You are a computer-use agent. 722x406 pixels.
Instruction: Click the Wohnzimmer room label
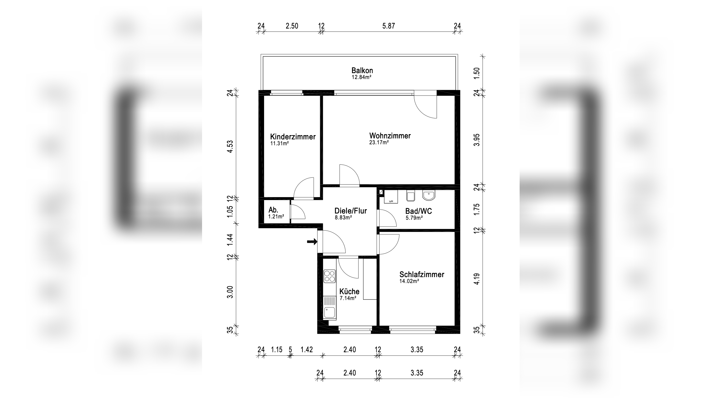coord(390,136)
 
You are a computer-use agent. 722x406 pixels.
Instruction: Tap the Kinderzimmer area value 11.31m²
coord(279,143)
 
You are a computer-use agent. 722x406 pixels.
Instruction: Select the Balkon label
coord(362,71)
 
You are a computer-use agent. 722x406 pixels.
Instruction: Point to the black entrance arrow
coord(312,242)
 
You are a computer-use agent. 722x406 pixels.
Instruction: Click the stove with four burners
coord(330,276)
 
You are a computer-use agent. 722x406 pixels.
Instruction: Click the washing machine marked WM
coord(391,197)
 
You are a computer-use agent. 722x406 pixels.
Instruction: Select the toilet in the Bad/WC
coord(410,196)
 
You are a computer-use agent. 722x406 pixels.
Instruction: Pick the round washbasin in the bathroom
coord(429,195)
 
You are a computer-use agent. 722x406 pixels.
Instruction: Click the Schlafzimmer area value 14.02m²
coord(409,281)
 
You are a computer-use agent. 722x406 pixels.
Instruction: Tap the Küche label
coord(349,292)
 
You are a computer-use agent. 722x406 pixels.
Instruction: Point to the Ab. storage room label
coord(273,210)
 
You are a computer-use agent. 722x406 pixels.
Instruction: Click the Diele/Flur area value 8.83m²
coord(343,217)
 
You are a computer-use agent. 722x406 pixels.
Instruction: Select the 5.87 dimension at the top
coord(388,26)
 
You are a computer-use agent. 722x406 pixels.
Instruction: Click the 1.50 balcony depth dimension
coord(477,72)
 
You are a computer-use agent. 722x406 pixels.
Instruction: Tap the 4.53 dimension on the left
coord(230,146)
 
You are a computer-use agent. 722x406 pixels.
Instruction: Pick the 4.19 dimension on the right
coord(477,279)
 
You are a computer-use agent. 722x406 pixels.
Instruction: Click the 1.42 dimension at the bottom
coord(307,350)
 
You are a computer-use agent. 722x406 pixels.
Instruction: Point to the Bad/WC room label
coord(419,211)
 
